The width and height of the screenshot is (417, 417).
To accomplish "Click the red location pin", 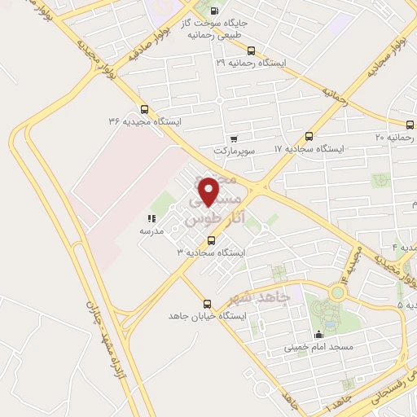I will point(210,191).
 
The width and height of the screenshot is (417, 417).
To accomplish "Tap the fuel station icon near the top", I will point(214,11).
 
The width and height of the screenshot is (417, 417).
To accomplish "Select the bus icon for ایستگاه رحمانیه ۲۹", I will point(251,50).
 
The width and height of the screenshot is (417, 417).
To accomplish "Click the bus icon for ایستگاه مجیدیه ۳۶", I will point(144,108).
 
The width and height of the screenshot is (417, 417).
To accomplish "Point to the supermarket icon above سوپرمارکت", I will point(235,138).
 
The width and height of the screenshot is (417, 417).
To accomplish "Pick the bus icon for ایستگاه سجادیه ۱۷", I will point(308,136).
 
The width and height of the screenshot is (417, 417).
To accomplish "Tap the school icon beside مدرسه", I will point(151,218).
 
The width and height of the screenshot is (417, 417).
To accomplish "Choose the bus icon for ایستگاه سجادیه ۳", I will point(212,240).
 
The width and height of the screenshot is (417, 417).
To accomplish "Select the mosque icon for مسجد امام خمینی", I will point(318,334).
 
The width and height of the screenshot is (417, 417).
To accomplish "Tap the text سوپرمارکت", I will point(235,151).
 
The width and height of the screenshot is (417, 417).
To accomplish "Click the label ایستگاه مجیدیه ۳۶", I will point(143,121).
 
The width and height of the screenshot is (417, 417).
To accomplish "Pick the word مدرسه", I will point(151,231).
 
